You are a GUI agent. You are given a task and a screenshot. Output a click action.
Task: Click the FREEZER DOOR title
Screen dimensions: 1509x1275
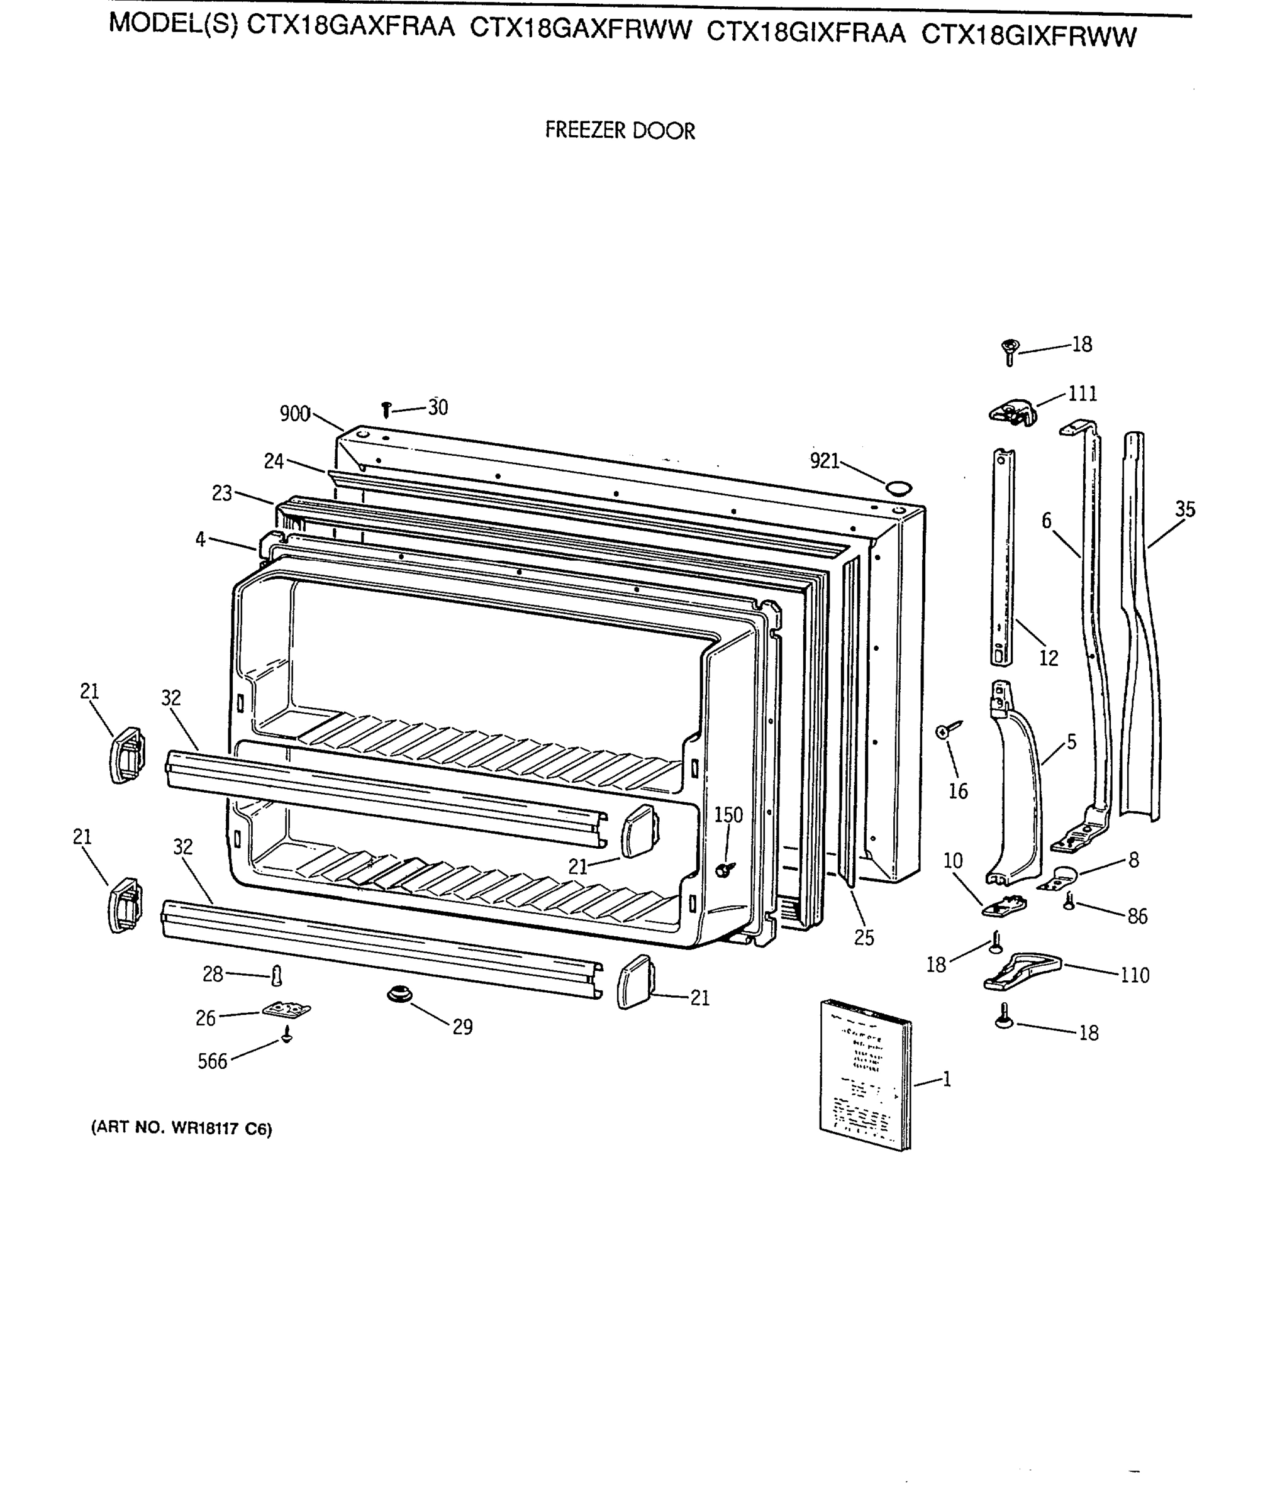620,131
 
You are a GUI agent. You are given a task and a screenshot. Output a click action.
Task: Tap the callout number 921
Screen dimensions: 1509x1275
824,461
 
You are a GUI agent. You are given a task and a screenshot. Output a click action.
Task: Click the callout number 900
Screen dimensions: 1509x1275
294,414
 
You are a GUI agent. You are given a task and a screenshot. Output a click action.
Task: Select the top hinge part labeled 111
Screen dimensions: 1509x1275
1012,412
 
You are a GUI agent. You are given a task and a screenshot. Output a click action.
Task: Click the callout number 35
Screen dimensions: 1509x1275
1184,509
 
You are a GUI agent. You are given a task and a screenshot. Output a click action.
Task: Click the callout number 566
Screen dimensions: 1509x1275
212,1061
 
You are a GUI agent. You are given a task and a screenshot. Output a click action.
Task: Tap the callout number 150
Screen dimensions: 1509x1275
728,815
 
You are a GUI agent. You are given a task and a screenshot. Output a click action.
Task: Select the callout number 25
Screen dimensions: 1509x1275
864,937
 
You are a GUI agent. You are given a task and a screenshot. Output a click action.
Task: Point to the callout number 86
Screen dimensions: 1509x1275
1137,916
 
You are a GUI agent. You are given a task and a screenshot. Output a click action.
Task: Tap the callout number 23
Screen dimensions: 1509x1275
222,494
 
